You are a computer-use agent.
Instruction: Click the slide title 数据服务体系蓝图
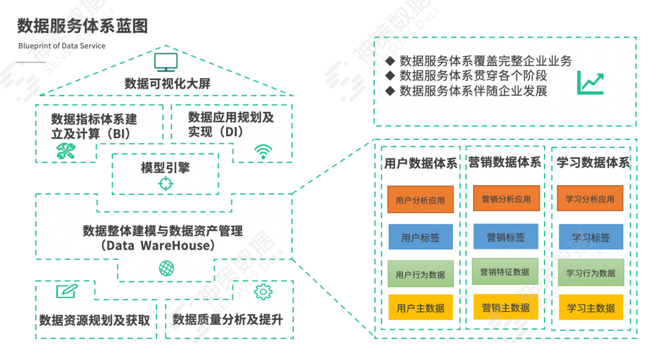click(82, 26)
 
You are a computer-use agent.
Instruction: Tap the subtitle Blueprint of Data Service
click(62, 46)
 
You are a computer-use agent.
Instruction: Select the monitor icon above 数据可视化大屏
click(166, 62)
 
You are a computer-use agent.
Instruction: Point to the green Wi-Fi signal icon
click(263, 151)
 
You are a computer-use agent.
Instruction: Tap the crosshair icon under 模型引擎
click(166, 183)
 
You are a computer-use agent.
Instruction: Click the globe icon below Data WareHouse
click(166, 268)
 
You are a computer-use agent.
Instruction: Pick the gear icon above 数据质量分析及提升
click(263, 292)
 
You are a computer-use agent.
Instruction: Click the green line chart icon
click(590, 83)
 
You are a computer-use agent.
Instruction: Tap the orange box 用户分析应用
click(420, 200)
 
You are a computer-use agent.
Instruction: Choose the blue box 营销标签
click(505, 237)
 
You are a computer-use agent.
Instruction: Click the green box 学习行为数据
click(590, 273)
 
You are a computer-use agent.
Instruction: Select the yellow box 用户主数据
click(420, 307)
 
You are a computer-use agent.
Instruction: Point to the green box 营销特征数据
click(505, 271)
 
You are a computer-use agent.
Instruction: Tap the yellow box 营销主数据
click(505, 307)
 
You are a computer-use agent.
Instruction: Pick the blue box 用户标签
click(420, 237)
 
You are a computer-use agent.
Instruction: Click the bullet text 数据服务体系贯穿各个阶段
click(473, 76)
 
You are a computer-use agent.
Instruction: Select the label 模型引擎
click(165, 167)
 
